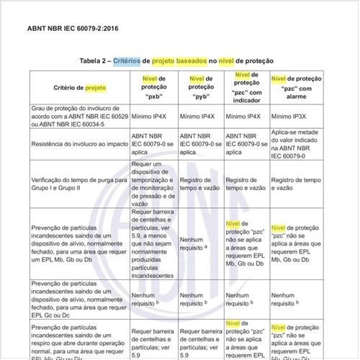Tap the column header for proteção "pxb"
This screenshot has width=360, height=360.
pos(152,86)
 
